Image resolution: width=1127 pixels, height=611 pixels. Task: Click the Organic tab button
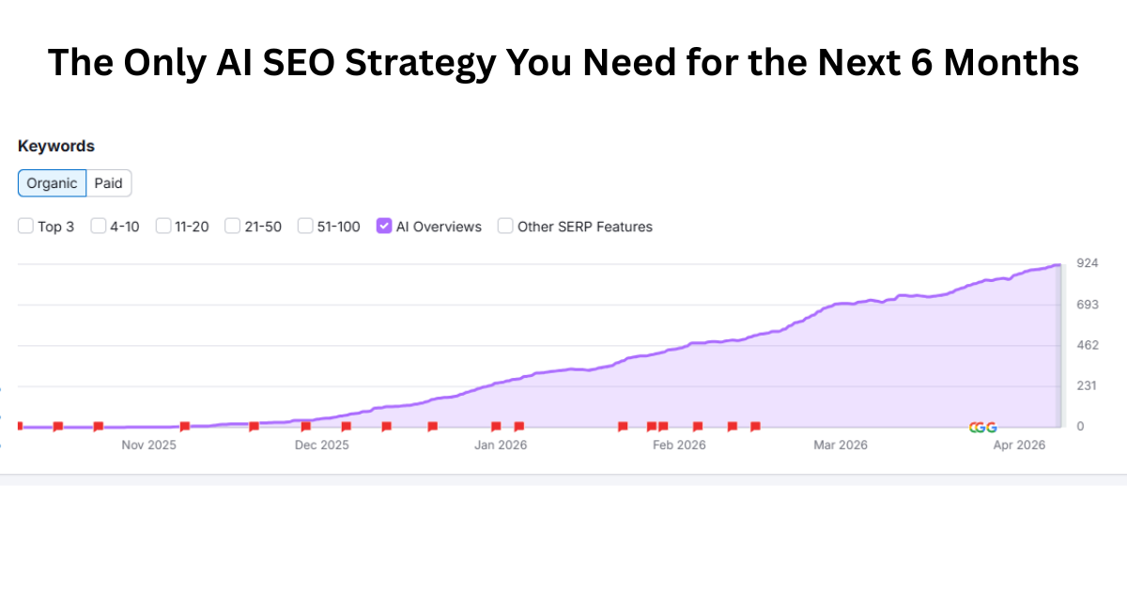[x=53, y=183]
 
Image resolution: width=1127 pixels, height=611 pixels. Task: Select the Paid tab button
[x=109, y=183]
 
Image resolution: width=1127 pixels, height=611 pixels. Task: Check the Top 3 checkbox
[x=26, y=226]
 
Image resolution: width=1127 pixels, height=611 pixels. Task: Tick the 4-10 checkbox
[x=99, y=226]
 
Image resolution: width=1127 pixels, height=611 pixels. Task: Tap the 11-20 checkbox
[x=163, y=226]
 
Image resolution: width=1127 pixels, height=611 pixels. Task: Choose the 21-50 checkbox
[x=233, y=226]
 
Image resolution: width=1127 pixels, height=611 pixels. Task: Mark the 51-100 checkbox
[x=305, y=226]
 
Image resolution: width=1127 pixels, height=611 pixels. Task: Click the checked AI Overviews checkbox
[x=383, y=226]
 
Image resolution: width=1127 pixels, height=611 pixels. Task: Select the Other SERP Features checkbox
[x=505, y=226]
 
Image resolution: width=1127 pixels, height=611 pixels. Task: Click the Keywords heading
[x=56, y=147]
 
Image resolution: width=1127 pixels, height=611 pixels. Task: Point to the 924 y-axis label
[x=1087, y=262]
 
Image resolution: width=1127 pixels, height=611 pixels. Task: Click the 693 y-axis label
[x=1087, y=304]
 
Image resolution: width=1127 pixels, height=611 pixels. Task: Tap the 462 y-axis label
[x=1087, y=345]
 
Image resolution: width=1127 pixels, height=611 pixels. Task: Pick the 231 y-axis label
[x=1087, y=385]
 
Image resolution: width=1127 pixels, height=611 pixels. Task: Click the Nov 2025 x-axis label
[x=148, y=445]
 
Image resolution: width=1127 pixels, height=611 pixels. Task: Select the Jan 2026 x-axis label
[x=501, y=445]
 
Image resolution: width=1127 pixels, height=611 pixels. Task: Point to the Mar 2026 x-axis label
[x=840, y=445]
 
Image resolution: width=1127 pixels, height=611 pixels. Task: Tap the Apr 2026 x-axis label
[x=1019, y=445]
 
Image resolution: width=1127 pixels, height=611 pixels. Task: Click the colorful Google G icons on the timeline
[x=982, y=428]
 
